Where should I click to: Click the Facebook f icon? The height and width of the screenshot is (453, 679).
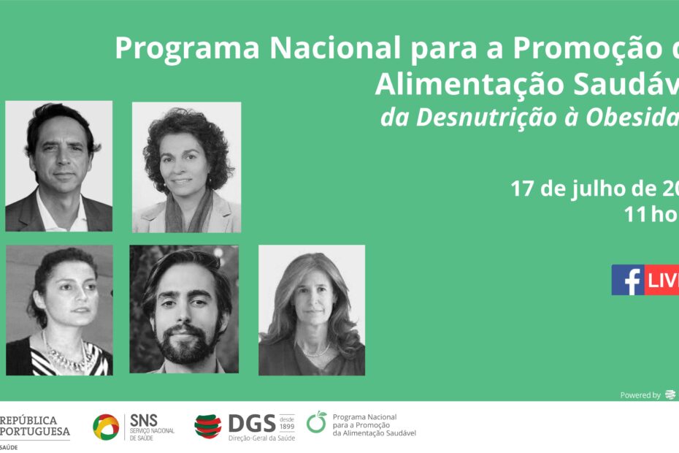tap(628, 280)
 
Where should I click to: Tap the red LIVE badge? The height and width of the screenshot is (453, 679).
tap(663, 280)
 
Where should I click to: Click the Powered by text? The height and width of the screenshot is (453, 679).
tap(640, 395)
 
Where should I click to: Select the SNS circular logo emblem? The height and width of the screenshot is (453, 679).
tap(106, 427)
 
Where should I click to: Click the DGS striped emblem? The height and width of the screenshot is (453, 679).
tap(207, 426)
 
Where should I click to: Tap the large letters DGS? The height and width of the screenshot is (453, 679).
tap(251, 423)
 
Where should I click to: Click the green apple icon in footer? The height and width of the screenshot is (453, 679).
tap(317, 422)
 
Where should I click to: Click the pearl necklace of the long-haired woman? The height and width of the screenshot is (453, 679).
tap(316, 351)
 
